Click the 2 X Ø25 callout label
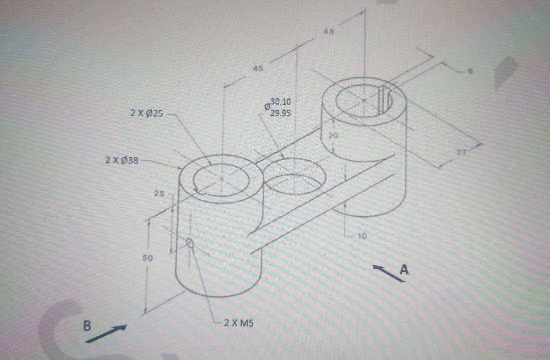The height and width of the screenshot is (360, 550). [x=147, y=113]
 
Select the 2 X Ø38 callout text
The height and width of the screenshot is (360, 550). [x=122, y=160]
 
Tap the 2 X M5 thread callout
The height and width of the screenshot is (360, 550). [x=239, y=323]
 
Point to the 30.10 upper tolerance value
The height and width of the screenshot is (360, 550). [x=281, y=102]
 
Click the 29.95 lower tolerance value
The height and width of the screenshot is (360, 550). [x=280, y=113]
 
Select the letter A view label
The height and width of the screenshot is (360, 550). [x=404, y=269]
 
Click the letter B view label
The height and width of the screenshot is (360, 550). [x=87, y=326]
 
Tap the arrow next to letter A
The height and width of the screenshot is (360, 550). [x=388, y=274]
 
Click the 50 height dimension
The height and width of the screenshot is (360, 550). [x=148, y=258]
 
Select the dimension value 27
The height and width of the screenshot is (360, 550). [x=462, y=152]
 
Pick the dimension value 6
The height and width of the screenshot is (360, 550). [x=470, y=71]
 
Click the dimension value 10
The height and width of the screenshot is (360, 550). [x=362, y=236]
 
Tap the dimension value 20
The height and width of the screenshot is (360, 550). [x=333, y=136]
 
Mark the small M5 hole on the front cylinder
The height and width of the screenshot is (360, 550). [x=190, y=243]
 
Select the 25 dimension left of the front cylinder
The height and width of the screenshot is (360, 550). [x=159, y=193]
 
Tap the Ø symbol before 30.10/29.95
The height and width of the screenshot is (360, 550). [x=267, y=107]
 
